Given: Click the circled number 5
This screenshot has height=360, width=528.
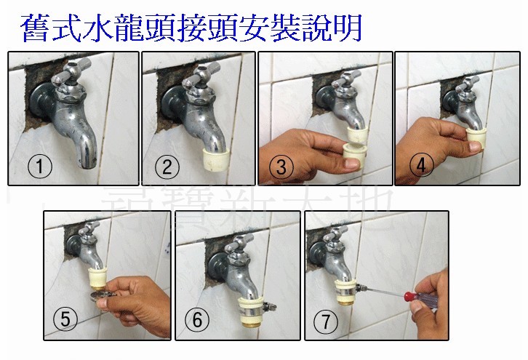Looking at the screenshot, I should tap(66, 319).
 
